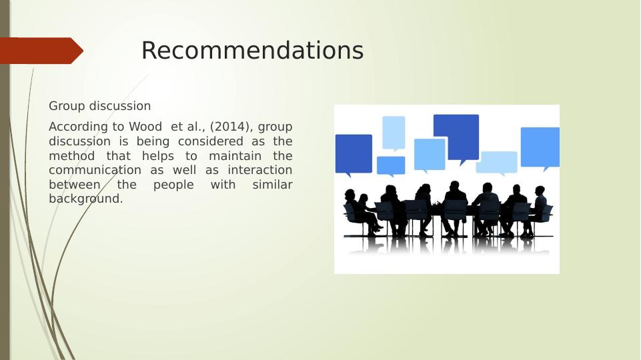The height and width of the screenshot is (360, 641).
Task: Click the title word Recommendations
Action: click(x=252, y=51)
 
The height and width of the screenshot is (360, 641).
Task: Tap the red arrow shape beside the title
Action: click(x=41, y=51)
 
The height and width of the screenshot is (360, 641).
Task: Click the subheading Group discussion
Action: click(x=100, y=106)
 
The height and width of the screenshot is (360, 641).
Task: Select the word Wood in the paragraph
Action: click(x=145, y=127)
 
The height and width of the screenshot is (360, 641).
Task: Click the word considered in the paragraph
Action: click(x=211, y=141)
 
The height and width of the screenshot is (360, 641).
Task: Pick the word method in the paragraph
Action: click(x=71, y=156)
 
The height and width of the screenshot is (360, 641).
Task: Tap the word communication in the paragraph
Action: click(x=95, y=170)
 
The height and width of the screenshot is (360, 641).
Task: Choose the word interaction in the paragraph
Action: click(x=260, y=170)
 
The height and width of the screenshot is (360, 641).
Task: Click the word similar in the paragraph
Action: click(x=272, y=184)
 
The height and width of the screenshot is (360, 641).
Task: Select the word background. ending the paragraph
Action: click(x=86, y=199)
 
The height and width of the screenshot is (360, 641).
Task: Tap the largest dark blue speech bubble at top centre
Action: click(x=456, y=137)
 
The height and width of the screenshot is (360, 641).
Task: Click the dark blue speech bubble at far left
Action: click(x=354, y=154)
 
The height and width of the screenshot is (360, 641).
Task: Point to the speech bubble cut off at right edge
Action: click(x=540, y=148)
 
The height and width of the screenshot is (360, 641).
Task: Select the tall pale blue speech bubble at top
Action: click(x=394, y=133)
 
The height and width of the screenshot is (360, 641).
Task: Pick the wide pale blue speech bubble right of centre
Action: click(x=497, y=163)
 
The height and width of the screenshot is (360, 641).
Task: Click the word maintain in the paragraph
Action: click(x=235, y=156)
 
